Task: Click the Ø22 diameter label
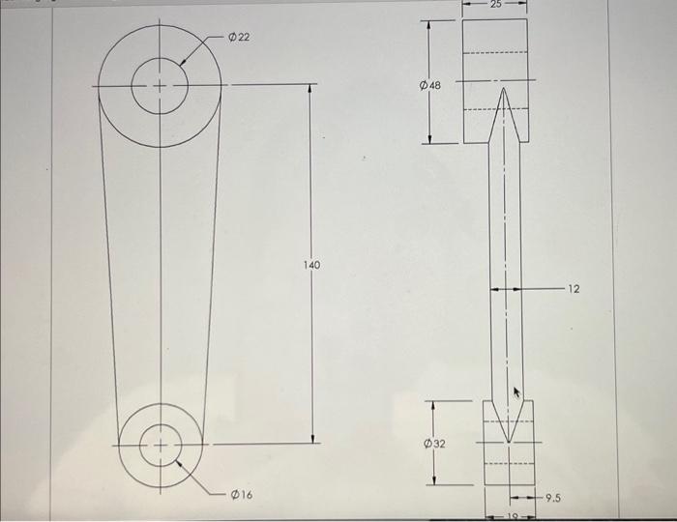(x=238, y=37)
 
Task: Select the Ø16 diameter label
(x=242, y=494)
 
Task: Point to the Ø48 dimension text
(x=430, y=86)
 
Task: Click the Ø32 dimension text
(x=434, y=443)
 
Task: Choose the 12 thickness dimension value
(x=574, y=288)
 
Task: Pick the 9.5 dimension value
(x=553, y=499)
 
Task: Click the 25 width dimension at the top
(x=495, y=5)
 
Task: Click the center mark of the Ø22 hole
(x=161, y=85)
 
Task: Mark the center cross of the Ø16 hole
(x=160, y=445)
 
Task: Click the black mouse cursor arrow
(x=516, y=391)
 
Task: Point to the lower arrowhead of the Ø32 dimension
(x=433, y=480)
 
